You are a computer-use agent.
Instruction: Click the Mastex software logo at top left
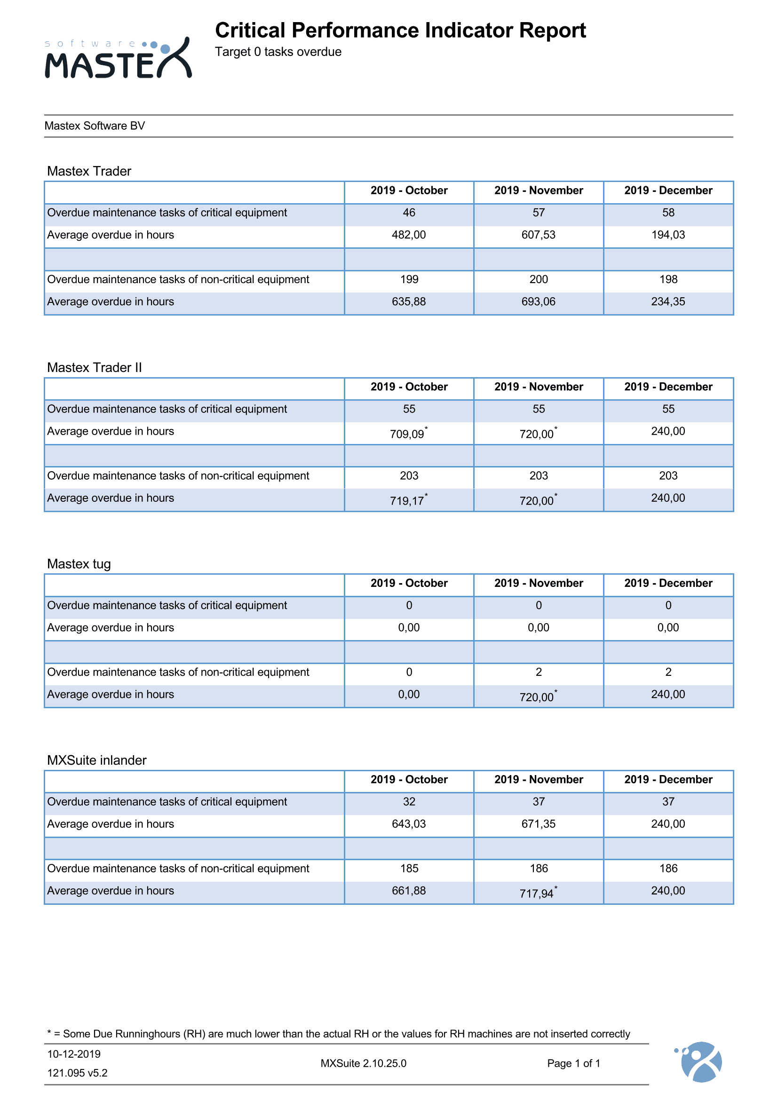coord(118,58)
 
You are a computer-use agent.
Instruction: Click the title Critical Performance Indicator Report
coord(400,31)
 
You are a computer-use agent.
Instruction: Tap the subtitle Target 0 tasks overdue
coord(278,52)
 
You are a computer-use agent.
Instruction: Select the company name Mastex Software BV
coord(95,126)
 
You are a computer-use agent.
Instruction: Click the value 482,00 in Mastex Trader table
coord(409,235)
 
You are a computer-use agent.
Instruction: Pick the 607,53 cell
coord(539,235)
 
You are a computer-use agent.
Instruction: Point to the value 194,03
coord(668,235)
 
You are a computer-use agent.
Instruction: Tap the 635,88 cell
coord(409,302)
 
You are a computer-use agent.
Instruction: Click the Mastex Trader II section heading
coord(95,367)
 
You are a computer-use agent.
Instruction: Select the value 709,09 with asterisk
coord(408,434)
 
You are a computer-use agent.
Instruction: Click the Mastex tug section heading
coord(79,564)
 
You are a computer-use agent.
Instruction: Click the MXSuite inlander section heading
coord(97,760)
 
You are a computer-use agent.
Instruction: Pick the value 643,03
coord(409,824)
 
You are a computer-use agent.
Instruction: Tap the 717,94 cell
coord(538,893)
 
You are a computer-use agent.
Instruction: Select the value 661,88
coord(409,891)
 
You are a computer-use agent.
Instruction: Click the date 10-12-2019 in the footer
coord(74,1054)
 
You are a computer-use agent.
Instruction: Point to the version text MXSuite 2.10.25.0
coord(363,1063)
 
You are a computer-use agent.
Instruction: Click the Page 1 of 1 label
coord(573,1063)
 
